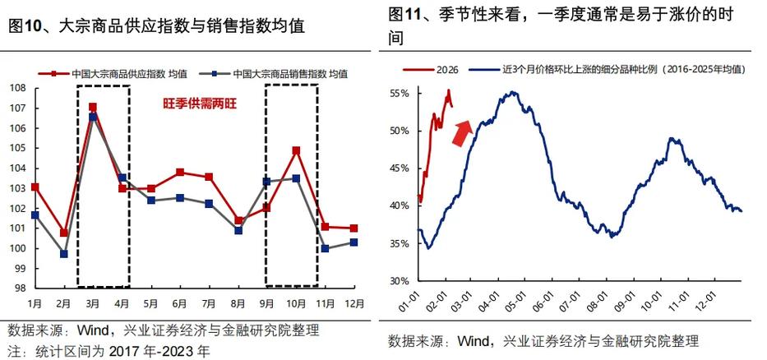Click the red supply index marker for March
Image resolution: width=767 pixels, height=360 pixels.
[93, 107]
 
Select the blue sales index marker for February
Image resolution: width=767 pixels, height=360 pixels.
[64, 254]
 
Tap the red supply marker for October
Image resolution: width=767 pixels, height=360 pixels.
[296, 150]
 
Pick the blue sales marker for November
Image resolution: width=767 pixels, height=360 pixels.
[325, 248]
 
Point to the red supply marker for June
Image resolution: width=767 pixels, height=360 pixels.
[180, 172]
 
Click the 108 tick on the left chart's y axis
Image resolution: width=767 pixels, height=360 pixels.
[17, 88]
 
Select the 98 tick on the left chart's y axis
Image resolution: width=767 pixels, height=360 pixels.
[20, 288]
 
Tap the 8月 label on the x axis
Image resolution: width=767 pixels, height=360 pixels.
[238, 302]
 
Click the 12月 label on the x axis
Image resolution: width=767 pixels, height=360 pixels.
[353, 302]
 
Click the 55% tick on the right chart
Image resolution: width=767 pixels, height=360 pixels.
[399, 94]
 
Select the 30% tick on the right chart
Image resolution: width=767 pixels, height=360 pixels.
[399, 280]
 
